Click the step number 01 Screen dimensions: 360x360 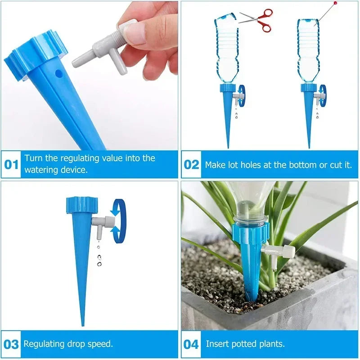click(11, 164)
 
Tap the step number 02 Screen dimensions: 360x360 click(191, 164)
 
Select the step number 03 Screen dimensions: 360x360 click(11, 345)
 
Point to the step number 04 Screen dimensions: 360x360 click(191, 345)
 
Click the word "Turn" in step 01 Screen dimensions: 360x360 click(33, 158)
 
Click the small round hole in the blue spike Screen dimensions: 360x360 click(57, 72)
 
